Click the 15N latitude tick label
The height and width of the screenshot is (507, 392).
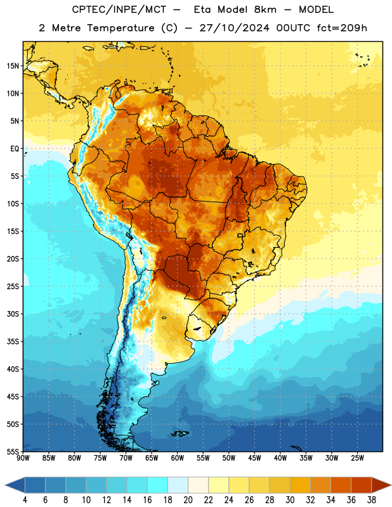[13, 66]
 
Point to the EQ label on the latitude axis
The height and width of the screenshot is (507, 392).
[15, 149]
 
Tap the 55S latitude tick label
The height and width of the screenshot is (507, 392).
[13, 452]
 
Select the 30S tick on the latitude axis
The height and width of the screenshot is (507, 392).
[13, 314]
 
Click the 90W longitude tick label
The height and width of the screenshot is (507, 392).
[23, 458]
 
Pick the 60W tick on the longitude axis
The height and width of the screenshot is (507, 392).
[178, 458]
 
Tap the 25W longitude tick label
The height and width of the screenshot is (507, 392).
[357, 458]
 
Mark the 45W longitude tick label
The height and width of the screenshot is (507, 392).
[254, 458]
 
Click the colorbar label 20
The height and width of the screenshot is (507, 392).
[188, 500]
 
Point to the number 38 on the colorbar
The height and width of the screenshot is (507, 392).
[372, 500]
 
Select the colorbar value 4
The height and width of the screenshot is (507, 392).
[25, 500]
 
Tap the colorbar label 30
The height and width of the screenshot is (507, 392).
[290, 500]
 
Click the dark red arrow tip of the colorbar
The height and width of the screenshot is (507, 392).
[390, 485]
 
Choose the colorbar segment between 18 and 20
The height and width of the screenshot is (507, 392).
[178, 485]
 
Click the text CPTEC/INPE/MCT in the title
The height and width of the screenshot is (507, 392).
[119, 10]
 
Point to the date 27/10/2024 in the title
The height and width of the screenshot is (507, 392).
[234, 28]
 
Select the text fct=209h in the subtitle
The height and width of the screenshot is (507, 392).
[342, 28]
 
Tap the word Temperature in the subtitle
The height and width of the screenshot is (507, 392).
[121, 29]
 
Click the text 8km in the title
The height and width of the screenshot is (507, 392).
[265, 10]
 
